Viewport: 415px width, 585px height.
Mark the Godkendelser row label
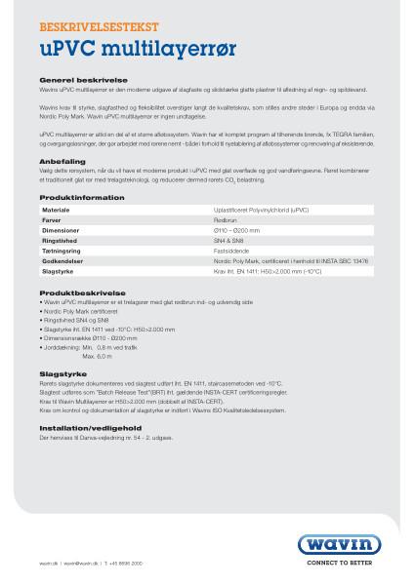coord(62,261)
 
